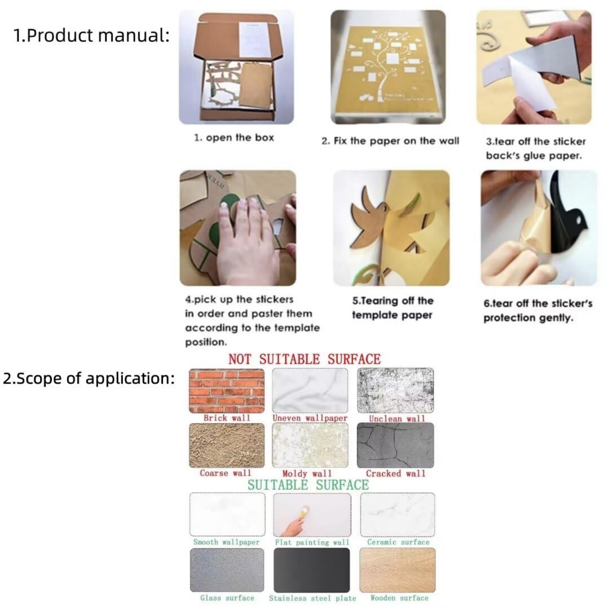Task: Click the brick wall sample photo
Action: (227, 391)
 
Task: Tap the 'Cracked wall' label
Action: (395, 474)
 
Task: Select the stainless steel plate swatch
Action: (311, 570)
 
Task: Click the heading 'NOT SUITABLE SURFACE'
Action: (304, 359)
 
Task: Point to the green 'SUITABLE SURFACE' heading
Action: (308, 485)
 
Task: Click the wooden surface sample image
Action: (398, 570)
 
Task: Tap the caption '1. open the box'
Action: (234, 138)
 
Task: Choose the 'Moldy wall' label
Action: (307, 474)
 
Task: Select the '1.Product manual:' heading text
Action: (92, 35)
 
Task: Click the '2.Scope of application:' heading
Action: (89, 378)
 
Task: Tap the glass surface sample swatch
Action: (227, 570)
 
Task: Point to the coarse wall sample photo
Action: (227, 445)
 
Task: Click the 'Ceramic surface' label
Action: (398, 542)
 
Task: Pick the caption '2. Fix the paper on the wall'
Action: (390, 140)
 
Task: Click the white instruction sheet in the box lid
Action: (254, 39)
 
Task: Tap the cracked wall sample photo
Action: (395, 445)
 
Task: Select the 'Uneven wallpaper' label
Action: (310, 418)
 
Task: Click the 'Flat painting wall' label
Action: (312, 542)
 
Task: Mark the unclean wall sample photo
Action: (395, 391)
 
